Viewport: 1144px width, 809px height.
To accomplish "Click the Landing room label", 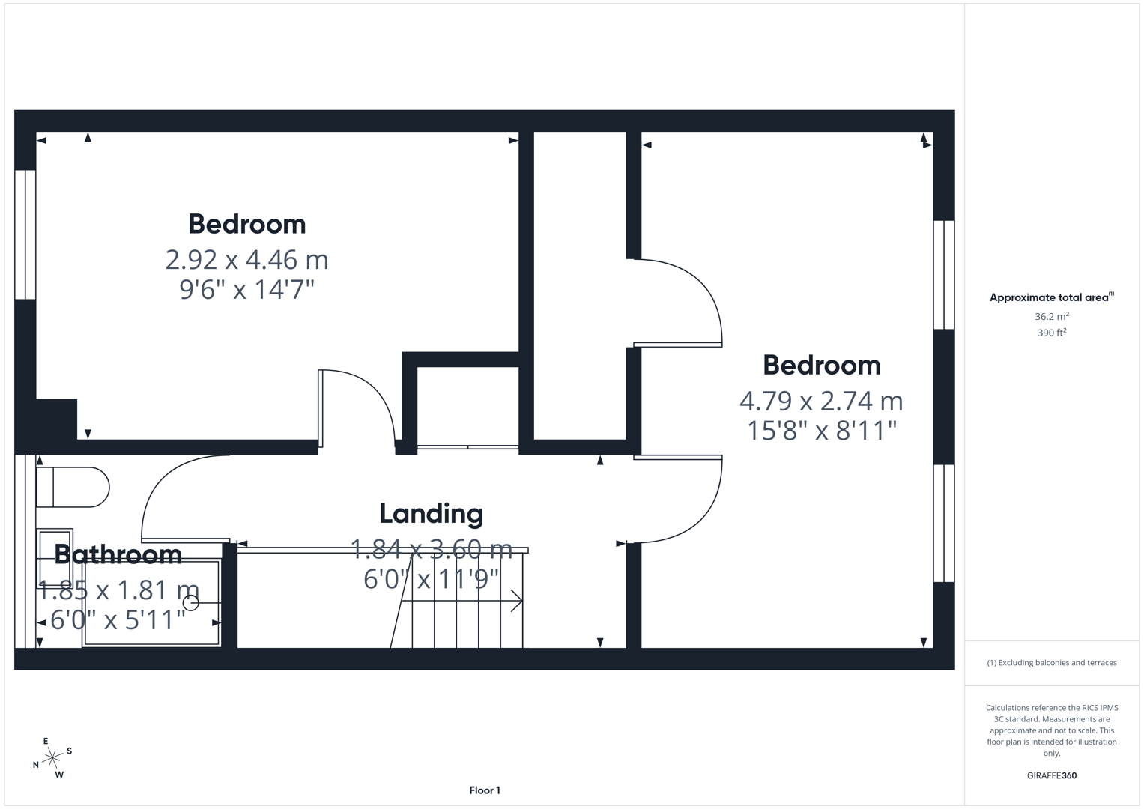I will click(431, 514).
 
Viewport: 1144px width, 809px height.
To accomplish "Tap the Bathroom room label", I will click(118, 554).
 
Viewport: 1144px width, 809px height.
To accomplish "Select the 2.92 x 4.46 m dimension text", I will click(246, 260).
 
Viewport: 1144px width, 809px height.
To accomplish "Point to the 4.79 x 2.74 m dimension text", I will click(821, 401).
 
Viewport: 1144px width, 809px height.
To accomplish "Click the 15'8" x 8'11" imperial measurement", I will click(821, 431).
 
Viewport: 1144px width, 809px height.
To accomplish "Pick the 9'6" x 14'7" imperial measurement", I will click(246, 289).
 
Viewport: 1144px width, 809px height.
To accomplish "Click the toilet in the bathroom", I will click(73, 488).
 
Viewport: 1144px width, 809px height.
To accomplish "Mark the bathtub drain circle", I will click(191, 602).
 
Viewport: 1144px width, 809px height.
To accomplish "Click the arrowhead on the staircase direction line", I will click(517, 601).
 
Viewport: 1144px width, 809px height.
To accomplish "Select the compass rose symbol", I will click(52, 759).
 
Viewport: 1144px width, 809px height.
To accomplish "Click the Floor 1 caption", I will click(485, 790).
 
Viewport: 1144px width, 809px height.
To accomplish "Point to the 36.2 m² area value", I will click(1051, 316).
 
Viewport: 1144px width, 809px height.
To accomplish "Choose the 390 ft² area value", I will click(1051, 333).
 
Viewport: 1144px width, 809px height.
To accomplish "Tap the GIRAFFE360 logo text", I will click(1051, 775).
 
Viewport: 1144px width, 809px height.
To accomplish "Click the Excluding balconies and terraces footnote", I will click(1051, 663).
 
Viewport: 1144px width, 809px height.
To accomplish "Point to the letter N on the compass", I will click(35, 765).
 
